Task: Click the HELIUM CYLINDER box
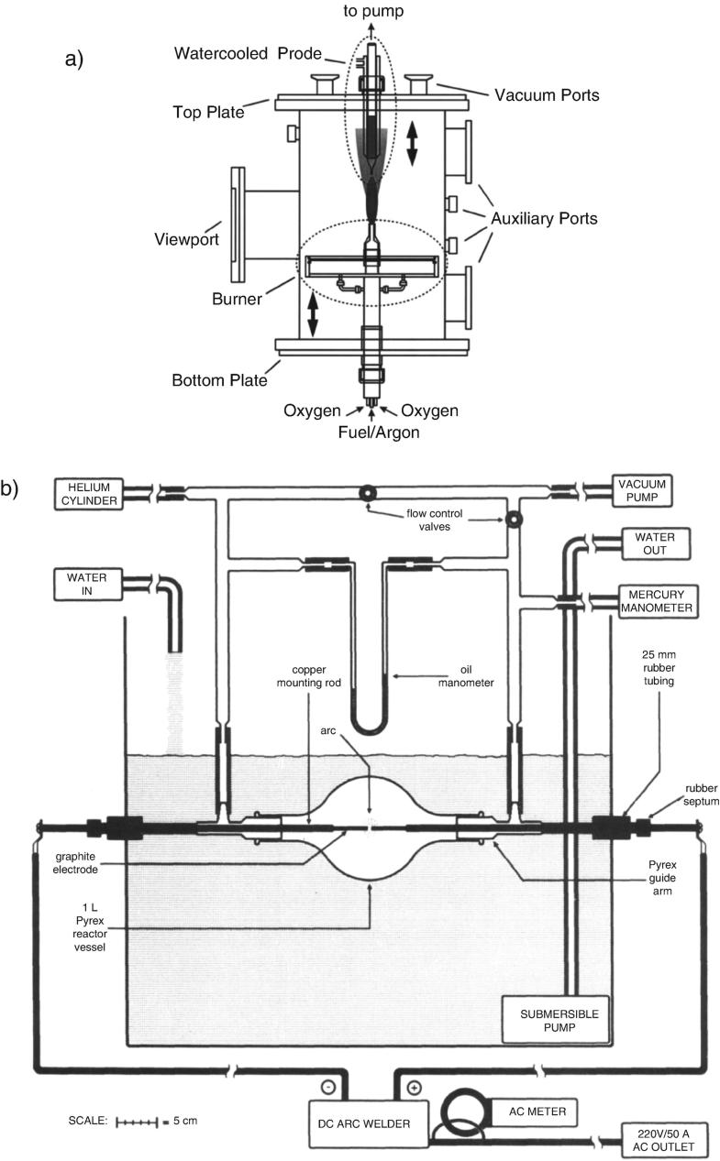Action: click(89, 494)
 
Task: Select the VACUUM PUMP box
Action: click(642, 490)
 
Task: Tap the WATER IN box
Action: click(88, 584)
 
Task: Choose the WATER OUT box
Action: click(655, 543)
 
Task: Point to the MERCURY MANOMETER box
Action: click(657, 601)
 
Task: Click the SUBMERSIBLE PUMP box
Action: click(556, 1021)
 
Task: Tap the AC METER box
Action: click(535, 1112)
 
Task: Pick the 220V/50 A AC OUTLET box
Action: click(663, 1140)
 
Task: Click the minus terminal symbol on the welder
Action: click(329, 1088)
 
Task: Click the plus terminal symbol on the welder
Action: click(414, 1088)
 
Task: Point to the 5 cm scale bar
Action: click(137, 1123)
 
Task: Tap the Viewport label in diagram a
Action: click(187, 239)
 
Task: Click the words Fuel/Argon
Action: click(379, 433)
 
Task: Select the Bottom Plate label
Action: click(219, 380)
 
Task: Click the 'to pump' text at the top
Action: click(373, 11)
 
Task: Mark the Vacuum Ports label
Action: click(547, 95)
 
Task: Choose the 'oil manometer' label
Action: click(466, 676)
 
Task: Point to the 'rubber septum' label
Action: click(702, 794)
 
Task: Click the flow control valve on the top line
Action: click(368, 492)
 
